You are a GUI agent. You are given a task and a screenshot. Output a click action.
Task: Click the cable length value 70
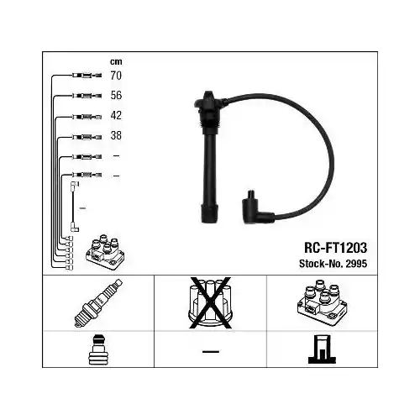[x=116, y=76]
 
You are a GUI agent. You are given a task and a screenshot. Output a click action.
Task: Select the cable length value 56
[x=116, y=96]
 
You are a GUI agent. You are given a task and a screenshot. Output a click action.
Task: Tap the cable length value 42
[x=116, y=115]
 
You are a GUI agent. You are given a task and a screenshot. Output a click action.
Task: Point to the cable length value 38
[x=116, y=135]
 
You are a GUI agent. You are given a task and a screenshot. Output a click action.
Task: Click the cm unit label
[x=116, y=61]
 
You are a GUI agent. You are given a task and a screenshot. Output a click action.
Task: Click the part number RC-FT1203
[x=335, y=248]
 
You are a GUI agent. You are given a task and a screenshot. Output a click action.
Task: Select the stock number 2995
[x=356, y=264]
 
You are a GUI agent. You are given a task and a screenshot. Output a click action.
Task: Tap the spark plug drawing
[x=98, y=303]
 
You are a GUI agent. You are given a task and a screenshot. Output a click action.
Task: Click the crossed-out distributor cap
[x=210, y=302]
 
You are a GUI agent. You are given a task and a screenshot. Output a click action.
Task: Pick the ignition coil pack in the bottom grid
[x=322, y=302]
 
